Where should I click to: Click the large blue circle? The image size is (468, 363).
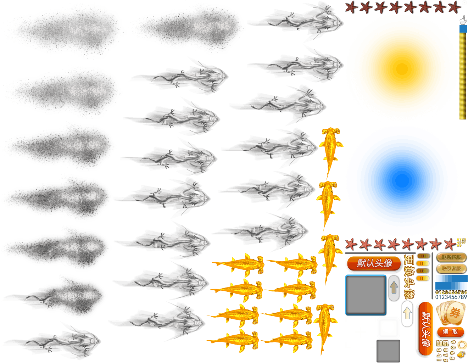[x=402, y=181]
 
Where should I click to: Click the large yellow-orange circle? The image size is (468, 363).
[x=402, y=67]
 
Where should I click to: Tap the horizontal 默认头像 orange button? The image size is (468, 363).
[x=374, y=263]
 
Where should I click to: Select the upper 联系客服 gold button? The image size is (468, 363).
[x=451, y=257]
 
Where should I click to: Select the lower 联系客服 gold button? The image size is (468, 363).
[x=451, y=269]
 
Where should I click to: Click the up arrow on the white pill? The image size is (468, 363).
[x=407, y=313]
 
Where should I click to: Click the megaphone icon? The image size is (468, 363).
[x=461, y=354]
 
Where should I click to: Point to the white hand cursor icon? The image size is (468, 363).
[x=463, y=20]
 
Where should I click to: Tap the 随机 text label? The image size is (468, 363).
[x=442, y=343]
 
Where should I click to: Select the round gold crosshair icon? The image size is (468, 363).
[x=462, y=345]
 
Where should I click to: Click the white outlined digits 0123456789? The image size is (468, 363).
[x=451, y=297]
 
